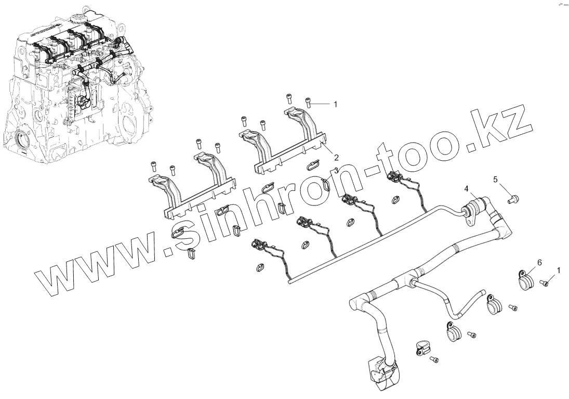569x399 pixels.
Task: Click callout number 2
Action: [336, 157]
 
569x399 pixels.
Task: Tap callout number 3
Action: [336, 170]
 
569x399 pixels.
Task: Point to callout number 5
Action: [495, 179]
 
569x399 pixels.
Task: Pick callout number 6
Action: [539, 263]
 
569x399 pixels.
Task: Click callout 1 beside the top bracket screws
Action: [335, 104]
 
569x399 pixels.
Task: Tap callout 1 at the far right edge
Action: [559, 270]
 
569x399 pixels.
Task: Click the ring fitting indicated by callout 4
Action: [473, 210]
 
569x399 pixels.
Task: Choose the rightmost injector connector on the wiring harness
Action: [396, 177]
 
